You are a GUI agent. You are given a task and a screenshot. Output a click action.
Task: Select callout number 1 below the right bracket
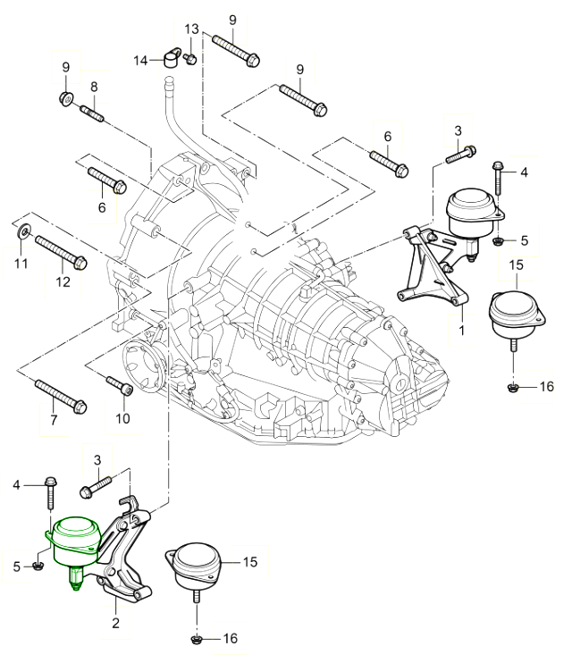(x=461, y=331)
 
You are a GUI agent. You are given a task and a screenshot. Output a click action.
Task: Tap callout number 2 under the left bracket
(x=115, y=623)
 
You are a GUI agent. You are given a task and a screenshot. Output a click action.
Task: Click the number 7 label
(x=54, y=420)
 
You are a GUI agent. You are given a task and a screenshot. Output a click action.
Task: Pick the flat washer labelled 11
(x=22, y=234)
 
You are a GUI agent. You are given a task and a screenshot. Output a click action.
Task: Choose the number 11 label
(x=21, y=264)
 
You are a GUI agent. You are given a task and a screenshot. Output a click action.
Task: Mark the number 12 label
(x=63, y=282)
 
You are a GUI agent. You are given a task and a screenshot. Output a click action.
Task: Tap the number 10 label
(x=122, y=418)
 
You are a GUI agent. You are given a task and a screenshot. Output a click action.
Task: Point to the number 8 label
(x=93, y=87)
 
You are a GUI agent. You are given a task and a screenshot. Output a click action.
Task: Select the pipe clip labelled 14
(x=173, y=60)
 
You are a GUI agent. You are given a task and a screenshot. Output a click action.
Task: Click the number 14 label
(x=141, y=60)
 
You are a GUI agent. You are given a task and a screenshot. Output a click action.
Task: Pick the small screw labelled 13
(x=191, y=59)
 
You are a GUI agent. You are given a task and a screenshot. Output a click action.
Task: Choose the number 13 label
(x=191, y=29)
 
